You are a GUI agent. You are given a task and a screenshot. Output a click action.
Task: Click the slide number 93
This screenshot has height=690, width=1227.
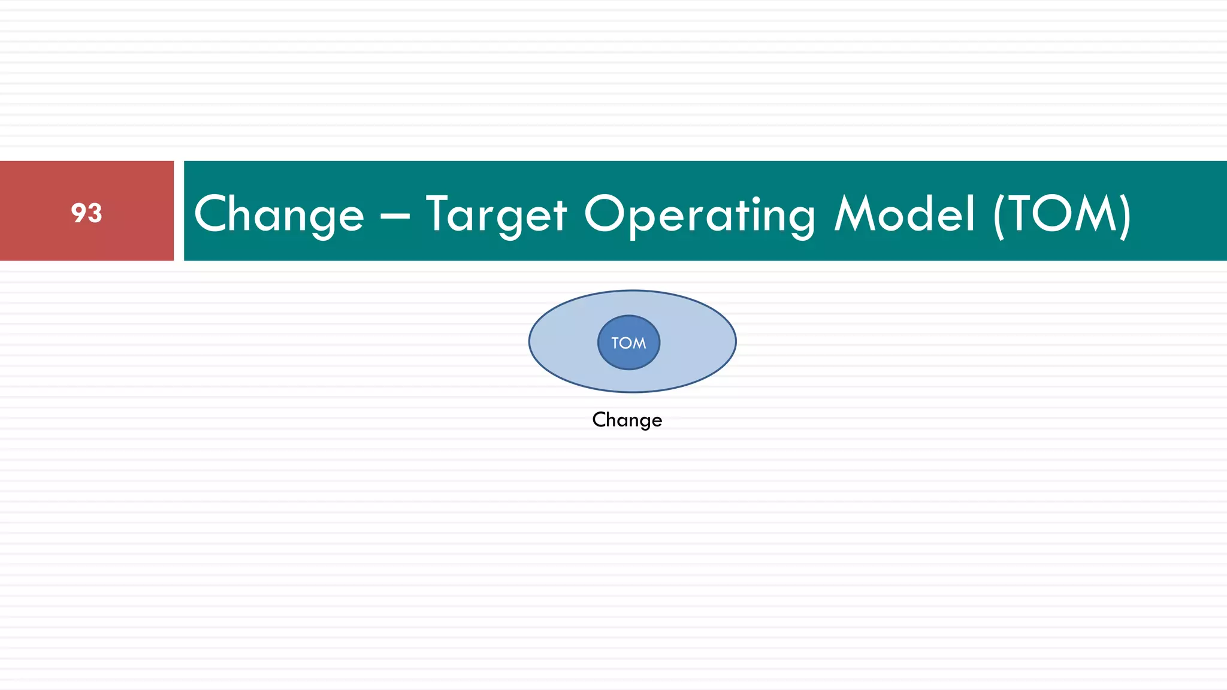tap(86, 213)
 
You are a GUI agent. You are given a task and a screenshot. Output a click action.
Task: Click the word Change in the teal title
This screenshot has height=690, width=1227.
tap(279, 214)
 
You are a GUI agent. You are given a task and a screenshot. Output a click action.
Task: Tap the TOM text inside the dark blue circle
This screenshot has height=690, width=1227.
tap(628, 343)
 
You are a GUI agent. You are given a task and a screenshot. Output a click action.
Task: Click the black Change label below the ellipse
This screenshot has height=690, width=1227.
tap(627, 420)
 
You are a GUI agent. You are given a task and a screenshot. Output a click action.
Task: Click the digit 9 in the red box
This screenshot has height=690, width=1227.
tap(78, 213)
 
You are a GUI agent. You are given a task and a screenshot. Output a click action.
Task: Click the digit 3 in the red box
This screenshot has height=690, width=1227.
tap(95, 213)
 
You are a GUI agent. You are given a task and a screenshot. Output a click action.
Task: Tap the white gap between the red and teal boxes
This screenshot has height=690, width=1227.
tap(179, 211)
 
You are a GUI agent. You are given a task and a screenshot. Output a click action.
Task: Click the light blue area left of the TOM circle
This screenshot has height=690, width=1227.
tap(563, 342)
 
